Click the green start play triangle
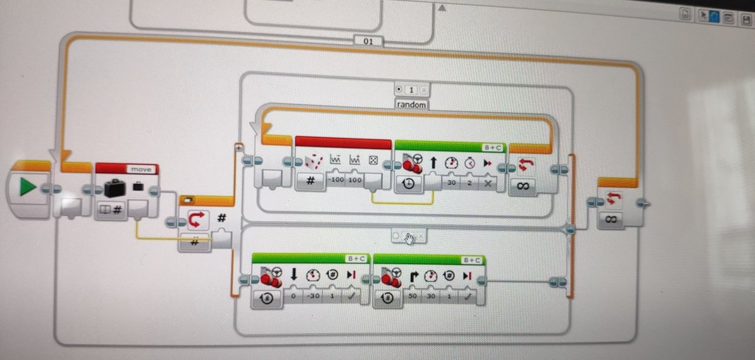[26, 188]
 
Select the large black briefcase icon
[115, 188]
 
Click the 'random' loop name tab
[411, 105]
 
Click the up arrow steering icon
[433, 163]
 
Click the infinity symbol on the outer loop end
[611, 219]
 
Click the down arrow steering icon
[293, 274]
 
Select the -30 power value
[311, 296]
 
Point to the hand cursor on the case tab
[409, 237]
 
